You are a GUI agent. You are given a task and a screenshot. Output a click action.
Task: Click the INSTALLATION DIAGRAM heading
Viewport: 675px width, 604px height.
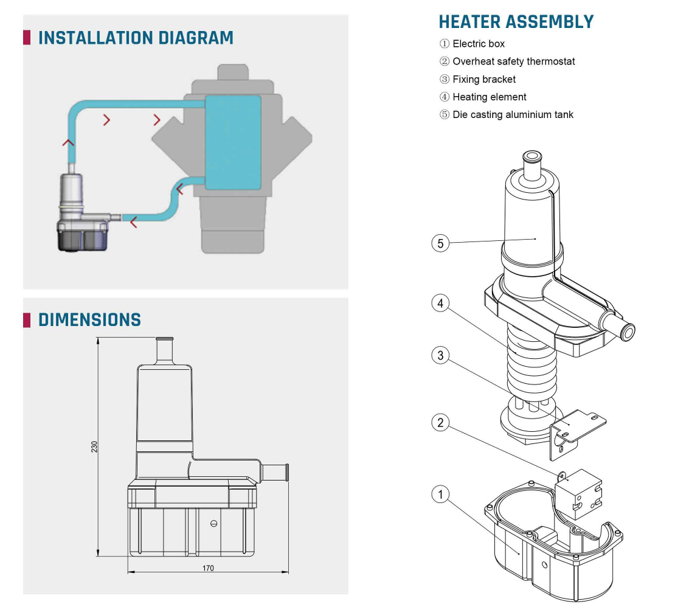tap(135, 38)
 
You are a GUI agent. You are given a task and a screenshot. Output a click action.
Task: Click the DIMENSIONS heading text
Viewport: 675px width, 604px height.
tap(89, 320)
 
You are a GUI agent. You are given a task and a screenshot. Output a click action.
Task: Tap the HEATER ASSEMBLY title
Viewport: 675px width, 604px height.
tap(516, 22)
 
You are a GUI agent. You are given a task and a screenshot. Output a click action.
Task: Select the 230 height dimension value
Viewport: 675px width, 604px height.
tap(95, 447)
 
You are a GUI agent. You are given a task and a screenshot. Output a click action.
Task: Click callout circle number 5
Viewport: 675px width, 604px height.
tap(440, 243)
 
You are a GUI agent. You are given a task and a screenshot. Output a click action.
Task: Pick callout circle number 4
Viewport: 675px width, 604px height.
tap(440, 303)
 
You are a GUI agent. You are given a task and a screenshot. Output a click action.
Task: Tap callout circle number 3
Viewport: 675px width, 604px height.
tap(440, 355)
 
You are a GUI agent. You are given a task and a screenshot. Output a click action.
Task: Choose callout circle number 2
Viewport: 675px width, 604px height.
tap(440, 422)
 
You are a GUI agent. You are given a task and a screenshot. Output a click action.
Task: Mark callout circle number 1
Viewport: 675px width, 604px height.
tap(440, 494)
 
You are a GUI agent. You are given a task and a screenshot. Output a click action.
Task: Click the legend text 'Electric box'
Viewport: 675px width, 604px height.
tap(478, 44)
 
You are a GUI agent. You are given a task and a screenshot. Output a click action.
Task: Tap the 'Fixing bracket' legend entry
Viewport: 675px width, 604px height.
tap(483, 79)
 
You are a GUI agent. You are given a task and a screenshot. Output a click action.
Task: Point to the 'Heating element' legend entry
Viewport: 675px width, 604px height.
tap(489, 97)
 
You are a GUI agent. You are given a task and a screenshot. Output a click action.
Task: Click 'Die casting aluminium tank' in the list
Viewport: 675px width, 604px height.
tap(513, 114)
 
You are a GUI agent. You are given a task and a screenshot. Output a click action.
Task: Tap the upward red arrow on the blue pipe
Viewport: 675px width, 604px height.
tap(69, 143)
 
